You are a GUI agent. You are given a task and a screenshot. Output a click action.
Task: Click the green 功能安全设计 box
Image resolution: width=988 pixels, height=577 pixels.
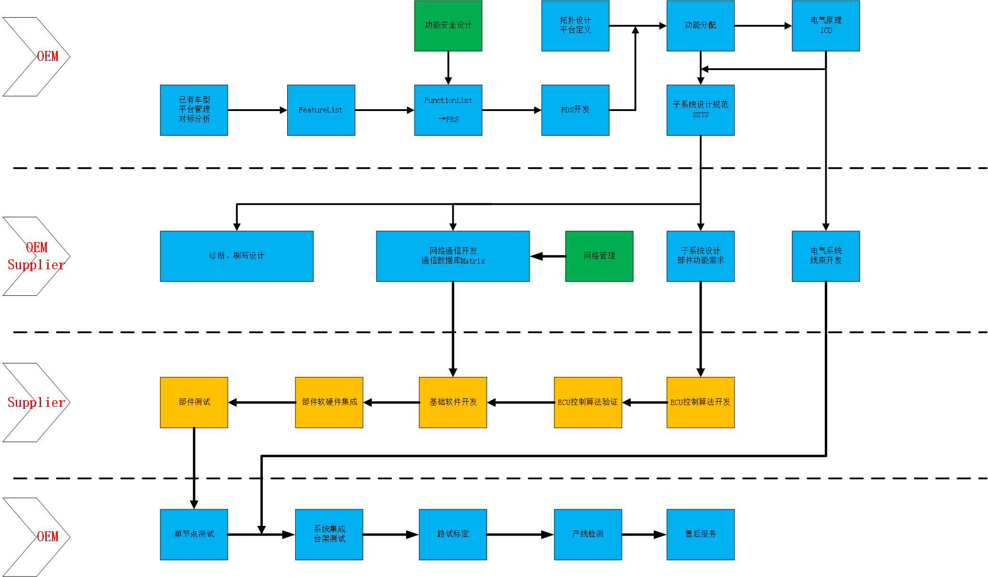pyautogui.click(x=448, y=26)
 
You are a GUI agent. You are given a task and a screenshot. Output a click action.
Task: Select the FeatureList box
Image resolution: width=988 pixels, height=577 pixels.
pyautogui.click(x=321, y=110)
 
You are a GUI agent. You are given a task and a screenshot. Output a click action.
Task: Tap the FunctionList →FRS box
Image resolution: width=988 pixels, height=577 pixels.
pyautogui.click(x=448, y=110)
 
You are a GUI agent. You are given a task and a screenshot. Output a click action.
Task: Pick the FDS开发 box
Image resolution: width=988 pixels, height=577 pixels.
pyautogui.click(x=575, y=110)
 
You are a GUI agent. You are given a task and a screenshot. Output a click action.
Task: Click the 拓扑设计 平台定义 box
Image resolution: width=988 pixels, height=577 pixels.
pyautogui.click(x=575, y=26)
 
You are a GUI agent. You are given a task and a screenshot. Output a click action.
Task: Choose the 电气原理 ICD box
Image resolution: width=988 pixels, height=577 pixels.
pyautogui.click(x=826, y=26)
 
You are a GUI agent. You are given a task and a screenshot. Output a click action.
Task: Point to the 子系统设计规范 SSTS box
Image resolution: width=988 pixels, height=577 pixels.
pyautogui.click(x=700, y=110)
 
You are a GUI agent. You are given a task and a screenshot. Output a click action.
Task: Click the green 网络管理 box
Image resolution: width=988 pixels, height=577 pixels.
pyautogui.click(x=599, y=256)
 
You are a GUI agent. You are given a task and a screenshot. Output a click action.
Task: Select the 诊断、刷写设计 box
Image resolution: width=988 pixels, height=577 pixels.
pyautogui.click(x=237, y=256)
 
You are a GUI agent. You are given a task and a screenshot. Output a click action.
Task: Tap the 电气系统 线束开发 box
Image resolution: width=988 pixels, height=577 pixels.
pyautogui.click(x=826, y=256)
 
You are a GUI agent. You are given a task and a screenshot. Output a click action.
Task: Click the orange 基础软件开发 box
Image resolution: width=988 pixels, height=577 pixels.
pyautogui.click(x=453, y=403)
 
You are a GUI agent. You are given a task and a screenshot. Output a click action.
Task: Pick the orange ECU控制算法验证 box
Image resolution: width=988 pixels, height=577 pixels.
pyautogui.click(x=588, y=403)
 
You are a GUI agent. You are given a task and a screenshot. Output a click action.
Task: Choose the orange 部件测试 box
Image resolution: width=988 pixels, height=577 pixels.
pyautogui.click(x=194, y=403)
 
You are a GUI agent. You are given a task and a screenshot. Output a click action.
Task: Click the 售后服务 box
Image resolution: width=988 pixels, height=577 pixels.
pyautogui.click(x=700, y=535)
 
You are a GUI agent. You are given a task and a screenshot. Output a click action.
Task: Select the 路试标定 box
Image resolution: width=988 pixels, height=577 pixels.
pyautogui.click(x=453, y=535)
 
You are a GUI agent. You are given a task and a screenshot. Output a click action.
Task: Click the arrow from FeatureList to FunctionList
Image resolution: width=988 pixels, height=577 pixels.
pyautogui.click(x=385, y=110)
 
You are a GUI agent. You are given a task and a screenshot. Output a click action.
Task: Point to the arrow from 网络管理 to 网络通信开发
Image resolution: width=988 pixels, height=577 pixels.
pyautogui.click(x=548, y=256)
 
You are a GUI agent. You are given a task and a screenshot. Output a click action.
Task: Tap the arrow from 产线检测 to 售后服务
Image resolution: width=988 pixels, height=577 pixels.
pyautogui.click(x=644, y=535)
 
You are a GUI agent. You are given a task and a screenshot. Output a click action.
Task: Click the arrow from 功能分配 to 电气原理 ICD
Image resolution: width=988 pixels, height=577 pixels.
pyautogui.click(x=763, y=26)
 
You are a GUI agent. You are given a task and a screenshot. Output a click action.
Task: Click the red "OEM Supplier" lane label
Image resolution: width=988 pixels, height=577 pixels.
pyautogui.click(x=36, y=256)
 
